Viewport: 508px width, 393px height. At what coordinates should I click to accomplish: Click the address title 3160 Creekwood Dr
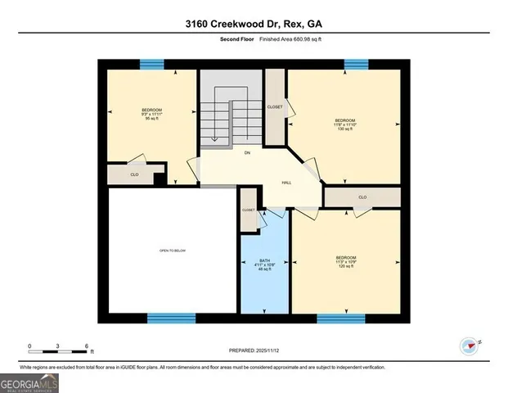254,25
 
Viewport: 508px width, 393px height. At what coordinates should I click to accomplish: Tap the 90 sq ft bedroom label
151,114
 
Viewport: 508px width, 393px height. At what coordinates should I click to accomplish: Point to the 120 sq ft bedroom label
346,262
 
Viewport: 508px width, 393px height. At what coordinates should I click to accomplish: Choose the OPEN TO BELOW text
173,251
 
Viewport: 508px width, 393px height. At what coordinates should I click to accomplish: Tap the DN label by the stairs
246,153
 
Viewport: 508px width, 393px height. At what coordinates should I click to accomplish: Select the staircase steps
231,119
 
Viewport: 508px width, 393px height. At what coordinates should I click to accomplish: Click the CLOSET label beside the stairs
275,107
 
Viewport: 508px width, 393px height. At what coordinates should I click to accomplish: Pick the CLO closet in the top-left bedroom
134,174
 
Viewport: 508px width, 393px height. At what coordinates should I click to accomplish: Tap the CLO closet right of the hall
362,197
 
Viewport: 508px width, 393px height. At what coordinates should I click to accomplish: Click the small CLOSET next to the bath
248,210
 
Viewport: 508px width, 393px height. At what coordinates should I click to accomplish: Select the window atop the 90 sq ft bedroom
151,64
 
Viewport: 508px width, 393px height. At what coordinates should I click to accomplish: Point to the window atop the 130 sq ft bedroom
356,64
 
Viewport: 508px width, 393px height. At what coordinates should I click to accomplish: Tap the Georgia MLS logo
29,382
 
